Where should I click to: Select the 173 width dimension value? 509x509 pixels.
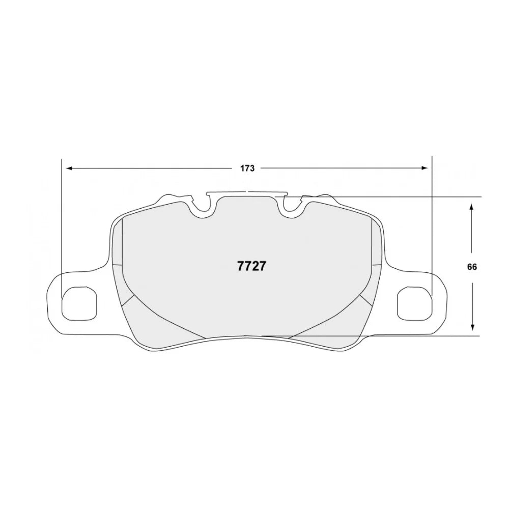tap(247, 168)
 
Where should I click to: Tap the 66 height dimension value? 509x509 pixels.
tap(473, 267)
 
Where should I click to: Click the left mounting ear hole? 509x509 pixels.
tap(79, 304)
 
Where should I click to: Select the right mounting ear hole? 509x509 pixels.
tap(414, 304)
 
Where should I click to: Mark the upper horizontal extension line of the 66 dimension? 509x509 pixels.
tap(407, 196)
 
